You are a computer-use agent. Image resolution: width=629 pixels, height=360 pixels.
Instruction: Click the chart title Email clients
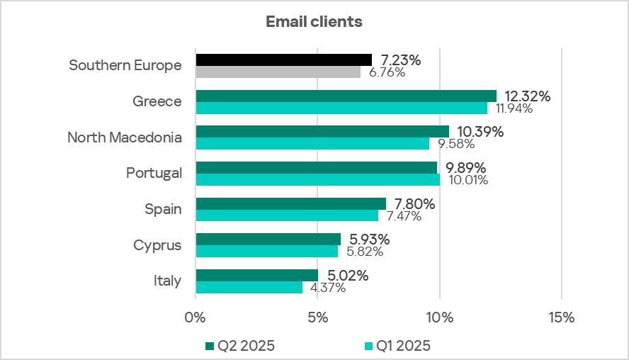314,22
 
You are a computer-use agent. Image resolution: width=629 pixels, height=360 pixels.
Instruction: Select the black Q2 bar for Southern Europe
283,60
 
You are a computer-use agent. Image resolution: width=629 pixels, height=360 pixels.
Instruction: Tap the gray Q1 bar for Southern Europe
278,72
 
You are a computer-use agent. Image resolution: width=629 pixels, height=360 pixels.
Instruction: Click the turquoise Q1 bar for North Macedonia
312,144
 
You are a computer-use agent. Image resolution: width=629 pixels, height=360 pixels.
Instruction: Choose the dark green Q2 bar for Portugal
316,167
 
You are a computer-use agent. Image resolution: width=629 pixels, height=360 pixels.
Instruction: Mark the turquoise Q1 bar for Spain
287,215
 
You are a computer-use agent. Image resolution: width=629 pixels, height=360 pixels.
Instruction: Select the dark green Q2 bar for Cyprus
268,240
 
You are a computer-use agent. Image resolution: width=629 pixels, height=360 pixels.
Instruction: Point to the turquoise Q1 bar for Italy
249,287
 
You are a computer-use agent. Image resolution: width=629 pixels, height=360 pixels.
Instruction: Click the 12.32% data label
528,96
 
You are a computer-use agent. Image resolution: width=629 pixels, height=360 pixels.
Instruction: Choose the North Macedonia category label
125,137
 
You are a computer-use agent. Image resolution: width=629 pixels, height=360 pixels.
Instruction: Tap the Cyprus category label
157,245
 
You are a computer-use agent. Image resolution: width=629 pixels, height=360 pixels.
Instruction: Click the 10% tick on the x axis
439,317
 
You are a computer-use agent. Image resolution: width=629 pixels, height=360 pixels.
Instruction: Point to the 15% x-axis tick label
561,317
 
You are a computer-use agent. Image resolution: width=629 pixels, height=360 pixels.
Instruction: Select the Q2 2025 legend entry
239,346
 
